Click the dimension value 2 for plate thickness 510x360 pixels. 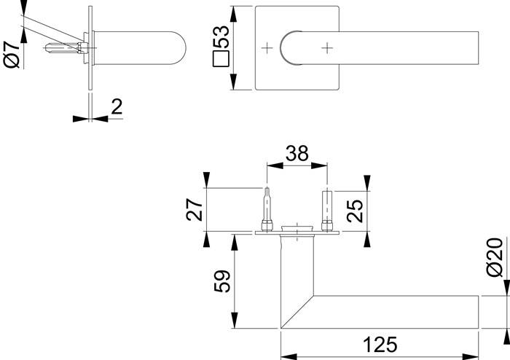[116, 107]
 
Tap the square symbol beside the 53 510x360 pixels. [221, 59]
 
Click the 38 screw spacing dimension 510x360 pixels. [297, 153]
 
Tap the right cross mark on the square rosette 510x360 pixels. [327, 48]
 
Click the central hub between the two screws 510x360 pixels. [297, 230]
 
